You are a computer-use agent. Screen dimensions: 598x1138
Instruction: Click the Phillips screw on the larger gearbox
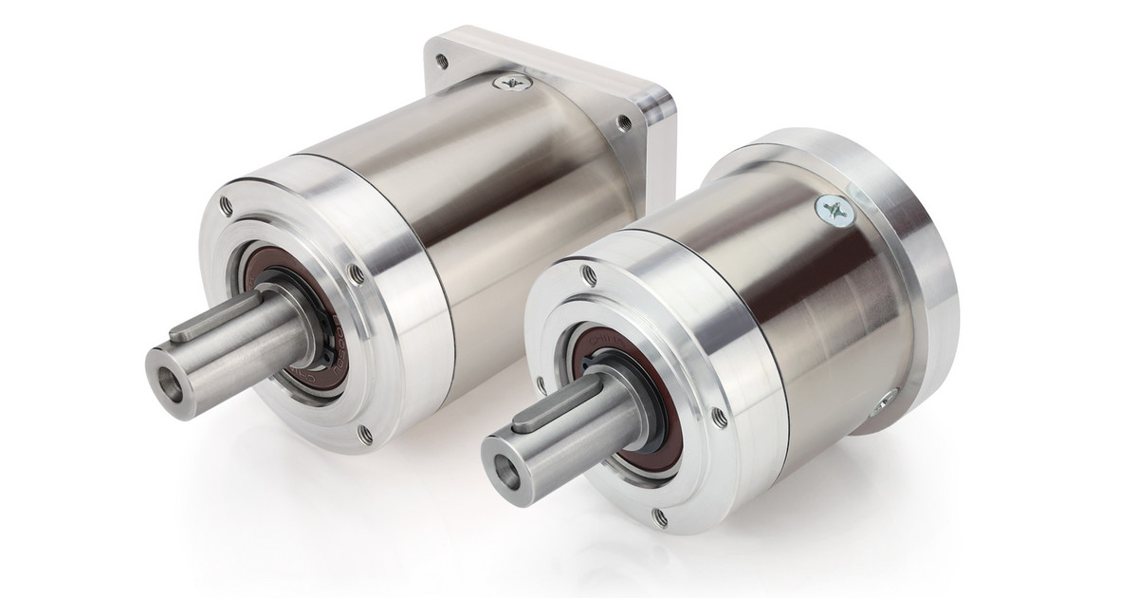click(x=512, y=84)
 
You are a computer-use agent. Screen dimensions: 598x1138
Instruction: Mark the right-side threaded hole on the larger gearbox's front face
click(x=356, y=274)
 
